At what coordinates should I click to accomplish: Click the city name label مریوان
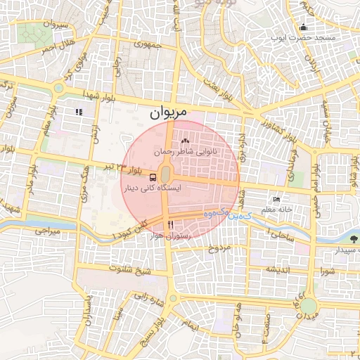169,112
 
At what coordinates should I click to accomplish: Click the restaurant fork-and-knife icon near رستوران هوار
170,224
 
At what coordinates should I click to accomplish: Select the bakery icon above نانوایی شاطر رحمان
193,141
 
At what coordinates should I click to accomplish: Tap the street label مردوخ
219,248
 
